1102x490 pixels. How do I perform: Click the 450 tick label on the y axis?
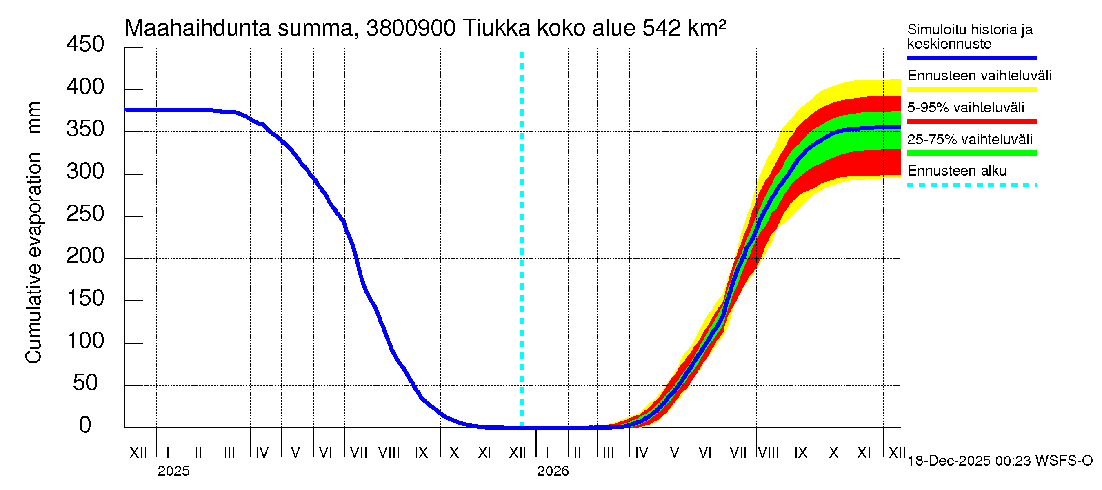85,45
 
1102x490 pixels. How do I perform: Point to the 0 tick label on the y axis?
85,425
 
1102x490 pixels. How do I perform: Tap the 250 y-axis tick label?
85,214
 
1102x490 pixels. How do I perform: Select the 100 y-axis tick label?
85,341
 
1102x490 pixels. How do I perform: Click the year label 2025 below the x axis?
173,471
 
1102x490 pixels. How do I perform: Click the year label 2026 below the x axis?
553,471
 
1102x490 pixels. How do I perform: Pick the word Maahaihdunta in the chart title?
198,28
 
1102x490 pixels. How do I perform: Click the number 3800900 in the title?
411,28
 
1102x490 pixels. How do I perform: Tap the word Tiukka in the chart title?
497,28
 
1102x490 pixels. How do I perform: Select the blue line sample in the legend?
971,58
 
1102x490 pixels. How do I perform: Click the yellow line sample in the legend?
971,90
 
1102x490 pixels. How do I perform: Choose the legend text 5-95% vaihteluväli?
966,107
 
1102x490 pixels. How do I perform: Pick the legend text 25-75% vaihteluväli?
969,140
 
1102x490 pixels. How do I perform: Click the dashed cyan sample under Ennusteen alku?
971,185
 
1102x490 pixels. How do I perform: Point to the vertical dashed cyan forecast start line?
522,240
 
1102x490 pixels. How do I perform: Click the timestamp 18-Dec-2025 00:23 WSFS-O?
1000,461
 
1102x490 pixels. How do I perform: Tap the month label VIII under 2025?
389,452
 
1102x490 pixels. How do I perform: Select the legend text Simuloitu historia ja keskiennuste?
969,36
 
